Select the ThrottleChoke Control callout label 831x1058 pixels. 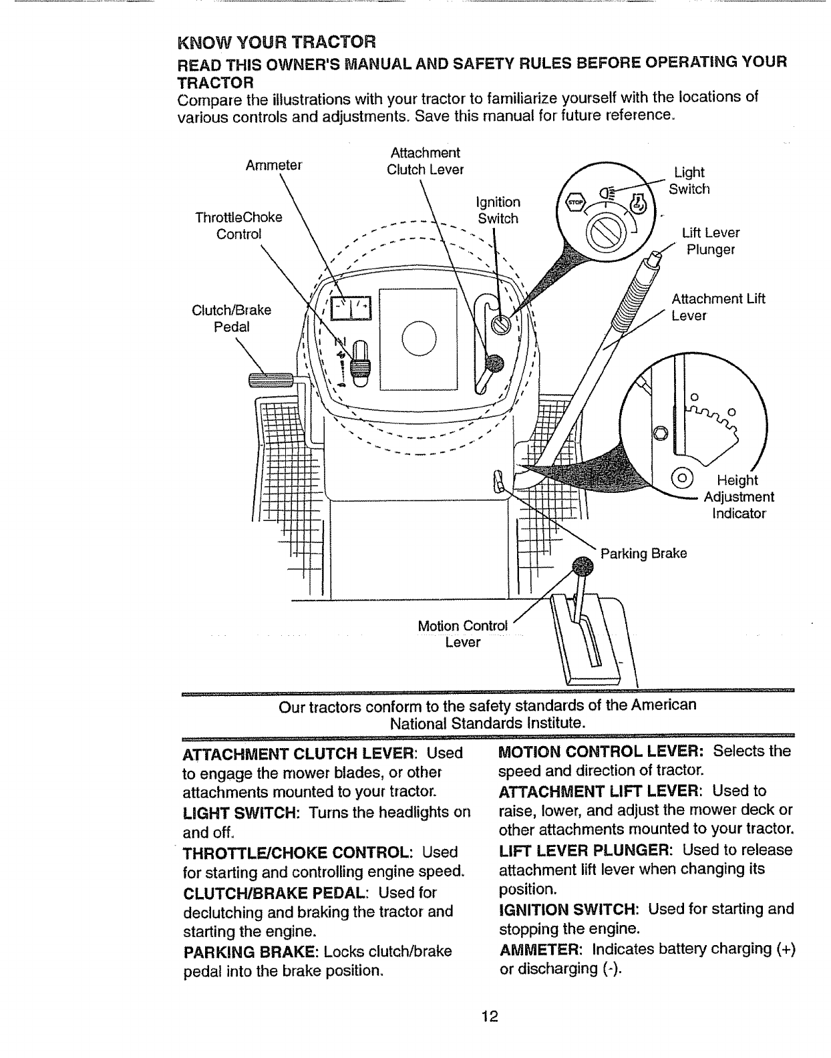(238, 226)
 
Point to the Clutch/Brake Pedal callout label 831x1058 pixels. (231, 319)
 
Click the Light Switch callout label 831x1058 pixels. (689, 180)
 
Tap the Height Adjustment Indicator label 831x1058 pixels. (737, 497)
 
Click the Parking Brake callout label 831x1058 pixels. (643, 554)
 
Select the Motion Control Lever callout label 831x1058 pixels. (462, 634)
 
